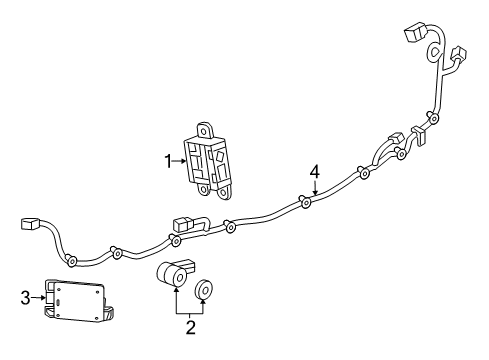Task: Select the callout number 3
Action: [26, 295]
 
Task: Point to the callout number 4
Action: [315, 171]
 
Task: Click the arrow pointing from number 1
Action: [179, 158]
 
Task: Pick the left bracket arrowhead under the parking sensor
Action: [176, 291]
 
